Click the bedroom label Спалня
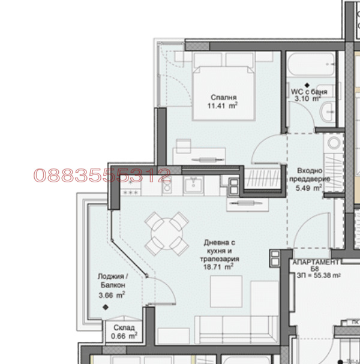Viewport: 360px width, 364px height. [223, 97]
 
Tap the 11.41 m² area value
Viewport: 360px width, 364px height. [222, 106]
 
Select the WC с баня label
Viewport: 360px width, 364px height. [309, 92]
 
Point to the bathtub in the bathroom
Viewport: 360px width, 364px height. [311, 64]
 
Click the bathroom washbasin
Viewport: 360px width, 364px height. [328, 112]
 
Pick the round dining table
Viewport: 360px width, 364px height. [167, 233]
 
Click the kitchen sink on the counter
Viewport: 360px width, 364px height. [193, 185]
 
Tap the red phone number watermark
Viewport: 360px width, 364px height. [102, 175]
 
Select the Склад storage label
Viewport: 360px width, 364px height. [124, 327]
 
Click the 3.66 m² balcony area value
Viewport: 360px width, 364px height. [112, 295]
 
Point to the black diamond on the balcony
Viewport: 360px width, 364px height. [106, 308]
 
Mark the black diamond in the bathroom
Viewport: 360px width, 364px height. [307, 85]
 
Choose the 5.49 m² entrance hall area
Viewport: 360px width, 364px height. [308, 188]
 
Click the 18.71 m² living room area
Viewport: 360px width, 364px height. [218, 267]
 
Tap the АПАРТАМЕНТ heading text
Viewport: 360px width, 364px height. [316, 262]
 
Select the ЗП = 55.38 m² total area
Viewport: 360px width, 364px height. [319, 276]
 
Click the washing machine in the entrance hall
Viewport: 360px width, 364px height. [334, 143]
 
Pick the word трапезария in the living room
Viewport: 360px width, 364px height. [220, 258]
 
